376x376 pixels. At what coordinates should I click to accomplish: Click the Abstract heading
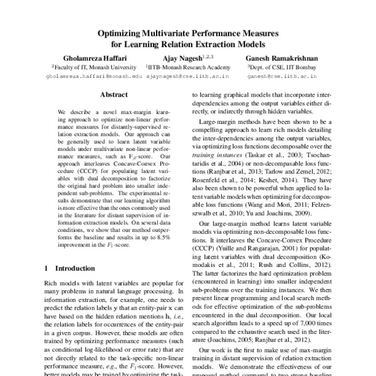tap(113, 95)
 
